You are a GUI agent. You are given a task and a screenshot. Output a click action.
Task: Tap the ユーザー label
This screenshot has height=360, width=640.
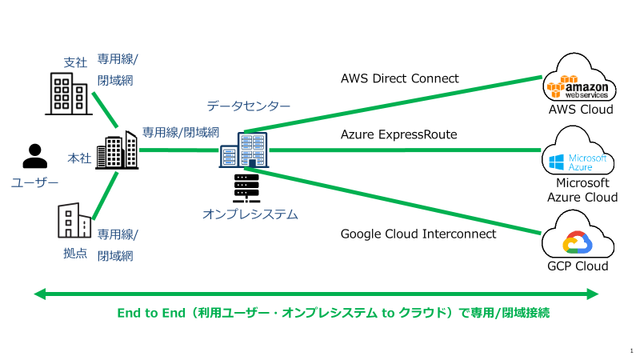point(34,183)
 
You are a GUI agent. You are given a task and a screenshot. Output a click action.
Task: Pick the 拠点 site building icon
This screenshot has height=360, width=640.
point(74,221)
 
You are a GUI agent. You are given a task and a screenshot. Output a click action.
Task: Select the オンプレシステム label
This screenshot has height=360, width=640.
point(250,214)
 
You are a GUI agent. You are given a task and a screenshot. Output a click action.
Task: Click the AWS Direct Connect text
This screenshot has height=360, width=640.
point(399,78)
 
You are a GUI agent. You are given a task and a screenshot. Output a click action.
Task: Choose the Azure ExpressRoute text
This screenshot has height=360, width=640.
point(398,134)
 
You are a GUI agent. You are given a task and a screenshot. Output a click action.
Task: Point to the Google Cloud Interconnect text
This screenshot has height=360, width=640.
point(418,234)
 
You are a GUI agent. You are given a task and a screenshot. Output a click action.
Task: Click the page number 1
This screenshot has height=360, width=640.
point(631,350)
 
